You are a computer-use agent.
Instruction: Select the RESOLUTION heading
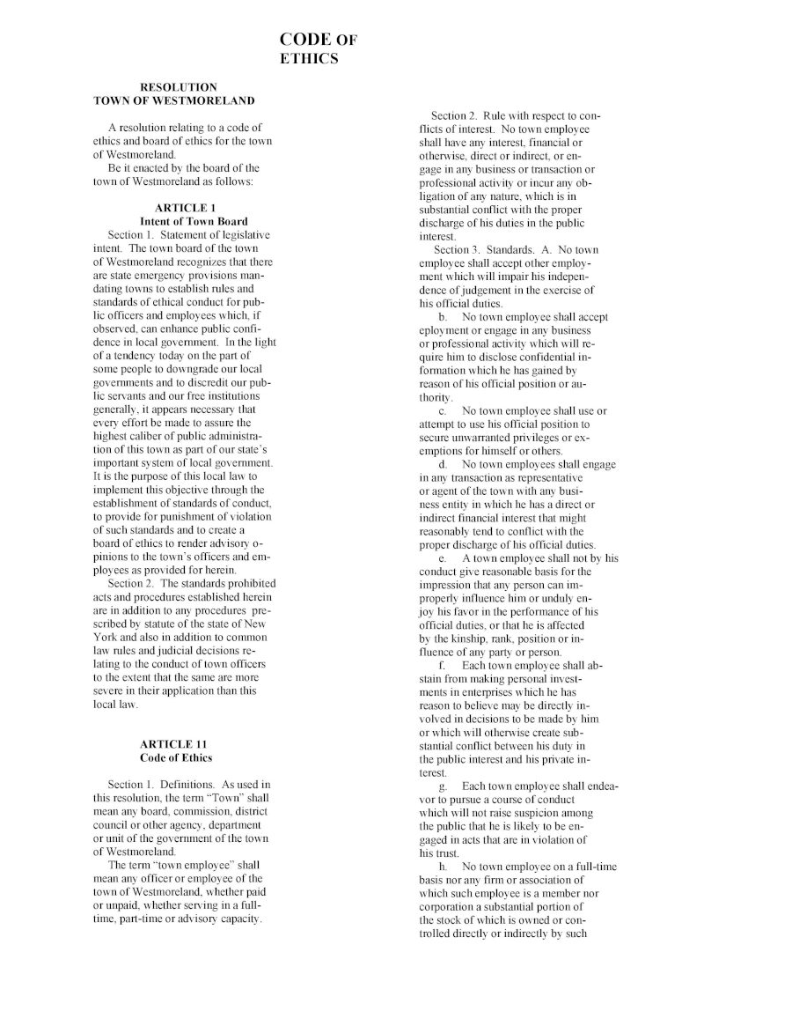click(x=179, y=87)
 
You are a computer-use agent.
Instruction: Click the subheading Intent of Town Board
click(x=194, y=221)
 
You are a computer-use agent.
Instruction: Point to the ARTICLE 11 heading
click(x=179, y=744)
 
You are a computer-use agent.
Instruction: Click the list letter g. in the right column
click(x=443, y=785)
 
